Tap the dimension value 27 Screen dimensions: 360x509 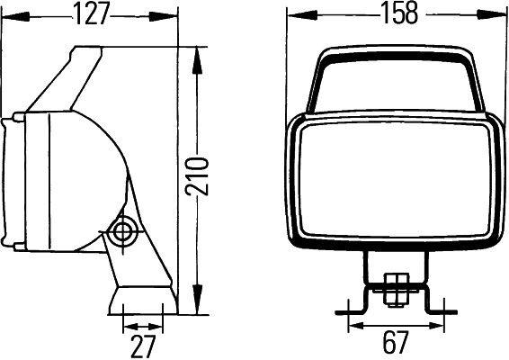point(143,345)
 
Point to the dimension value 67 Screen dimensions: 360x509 point(393,343)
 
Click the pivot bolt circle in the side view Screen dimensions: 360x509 point(121,232)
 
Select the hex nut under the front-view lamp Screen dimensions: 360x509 point(392,290)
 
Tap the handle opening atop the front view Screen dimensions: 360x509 point(393,86)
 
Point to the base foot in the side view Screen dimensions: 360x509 point(142,301)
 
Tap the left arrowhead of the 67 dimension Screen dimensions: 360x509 point(353,324)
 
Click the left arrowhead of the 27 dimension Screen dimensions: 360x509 point(125,325)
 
